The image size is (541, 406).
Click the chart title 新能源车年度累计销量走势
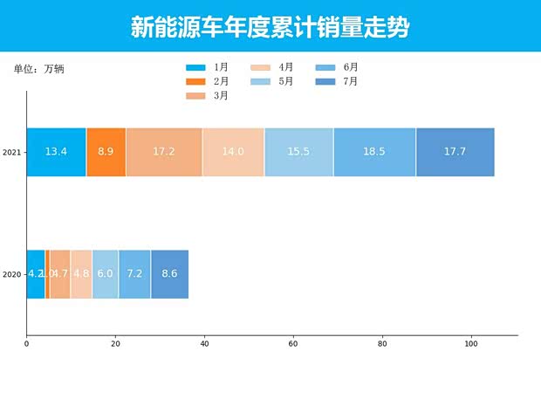tap(270, 27)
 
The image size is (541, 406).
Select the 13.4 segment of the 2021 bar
tap(56, 152)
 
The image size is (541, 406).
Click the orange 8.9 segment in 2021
tap(106, 152)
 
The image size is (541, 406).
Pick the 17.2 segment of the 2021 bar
tap(164, 152)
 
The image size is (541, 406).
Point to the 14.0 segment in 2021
tap(233, 152)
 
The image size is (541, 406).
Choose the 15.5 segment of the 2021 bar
tap(298, 152)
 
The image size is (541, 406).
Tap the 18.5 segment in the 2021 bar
tap(374, 152)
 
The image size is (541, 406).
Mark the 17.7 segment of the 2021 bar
tap(455, 152)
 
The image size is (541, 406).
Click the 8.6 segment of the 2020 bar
tap(169, 274)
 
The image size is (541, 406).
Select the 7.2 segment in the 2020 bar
tap(134, 274)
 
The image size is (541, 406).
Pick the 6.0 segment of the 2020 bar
tap(105, 274)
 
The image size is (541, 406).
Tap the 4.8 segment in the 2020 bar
tap(81, 274)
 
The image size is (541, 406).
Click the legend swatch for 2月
tap(195, 82)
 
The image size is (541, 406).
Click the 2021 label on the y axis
tap(11, 153)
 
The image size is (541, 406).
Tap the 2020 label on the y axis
tap(11, 275)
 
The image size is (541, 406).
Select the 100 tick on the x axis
tap(471, 344)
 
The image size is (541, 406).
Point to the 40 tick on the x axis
tap(204, 344)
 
